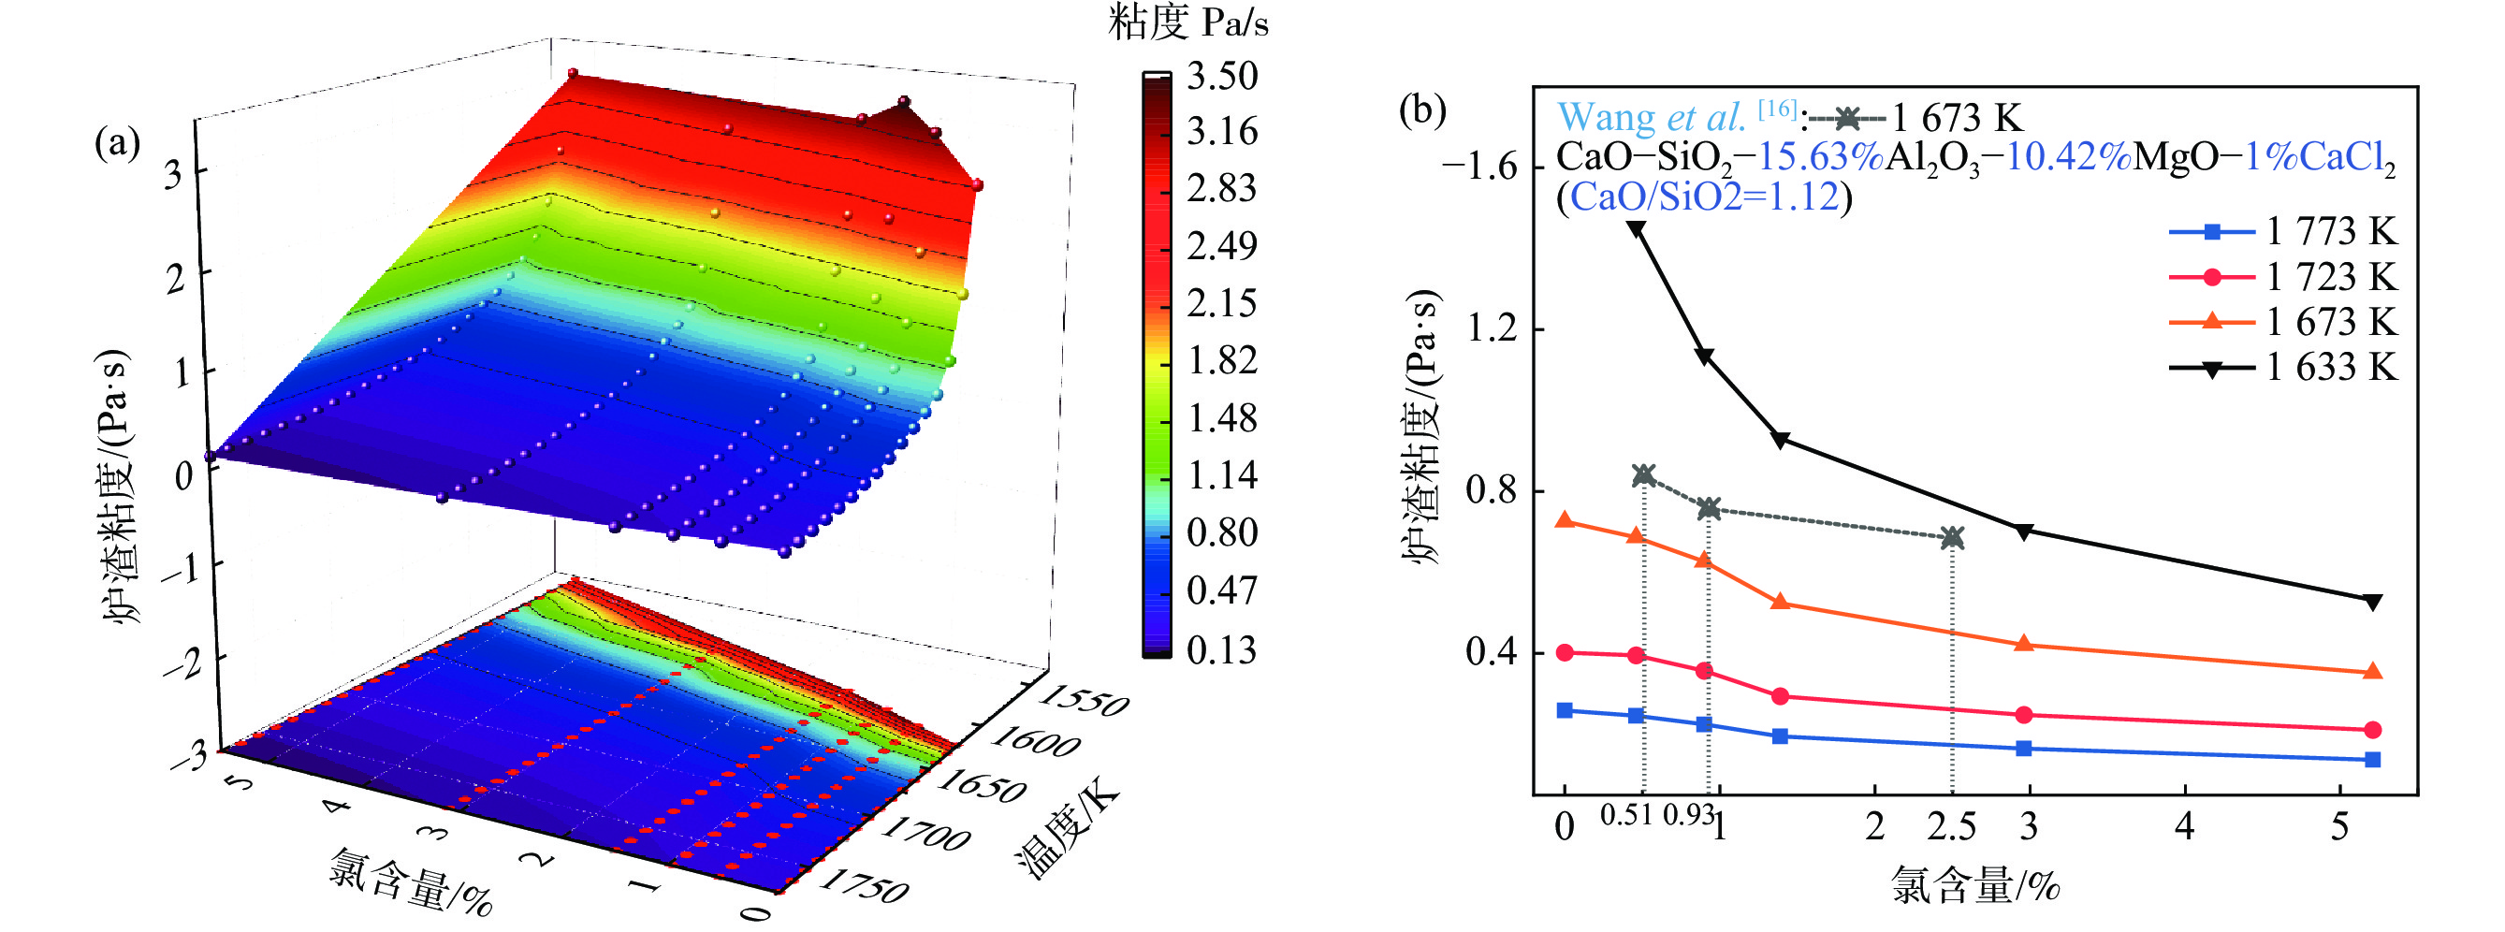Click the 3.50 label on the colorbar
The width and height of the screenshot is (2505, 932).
tap(1222, 76)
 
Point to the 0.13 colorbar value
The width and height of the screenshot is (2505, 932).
tap(1222, 649)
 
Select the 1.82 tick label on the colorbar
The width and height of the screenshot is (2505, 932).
tap(1222, 361)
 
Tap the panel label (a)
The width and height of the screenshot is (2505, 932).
tap(117, 143)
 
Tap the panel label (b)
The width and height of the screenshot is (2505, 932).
tap(1421, 109)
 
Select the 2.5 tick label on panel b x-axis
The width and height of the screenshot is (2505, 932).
tap(1952, 827)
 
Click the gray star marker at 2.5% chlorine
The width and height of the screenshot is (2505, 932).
tap(1952, 537)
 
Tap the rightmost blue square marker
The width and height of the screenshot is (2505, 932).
tap(2372, 760)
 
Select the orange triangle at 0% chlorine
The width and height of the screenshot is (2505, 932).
tap(1565, 520)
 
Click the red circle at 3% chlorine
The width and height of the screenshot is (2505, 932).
tap(2025, 715)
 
